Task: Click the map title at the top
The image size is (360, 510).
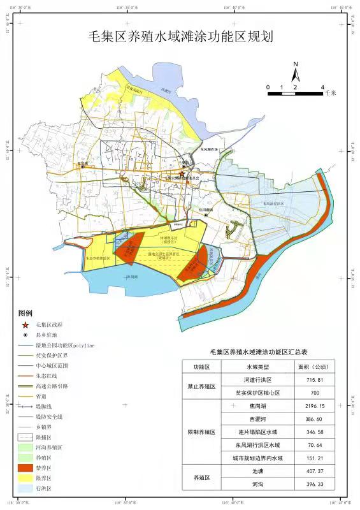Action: click(x=180, y=36)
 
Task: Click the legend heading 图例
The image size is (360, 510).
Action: click(x=25, y=314)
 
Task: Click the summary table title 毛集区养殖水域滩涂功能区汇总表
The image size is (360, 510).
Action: click(x=259, y=351)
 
